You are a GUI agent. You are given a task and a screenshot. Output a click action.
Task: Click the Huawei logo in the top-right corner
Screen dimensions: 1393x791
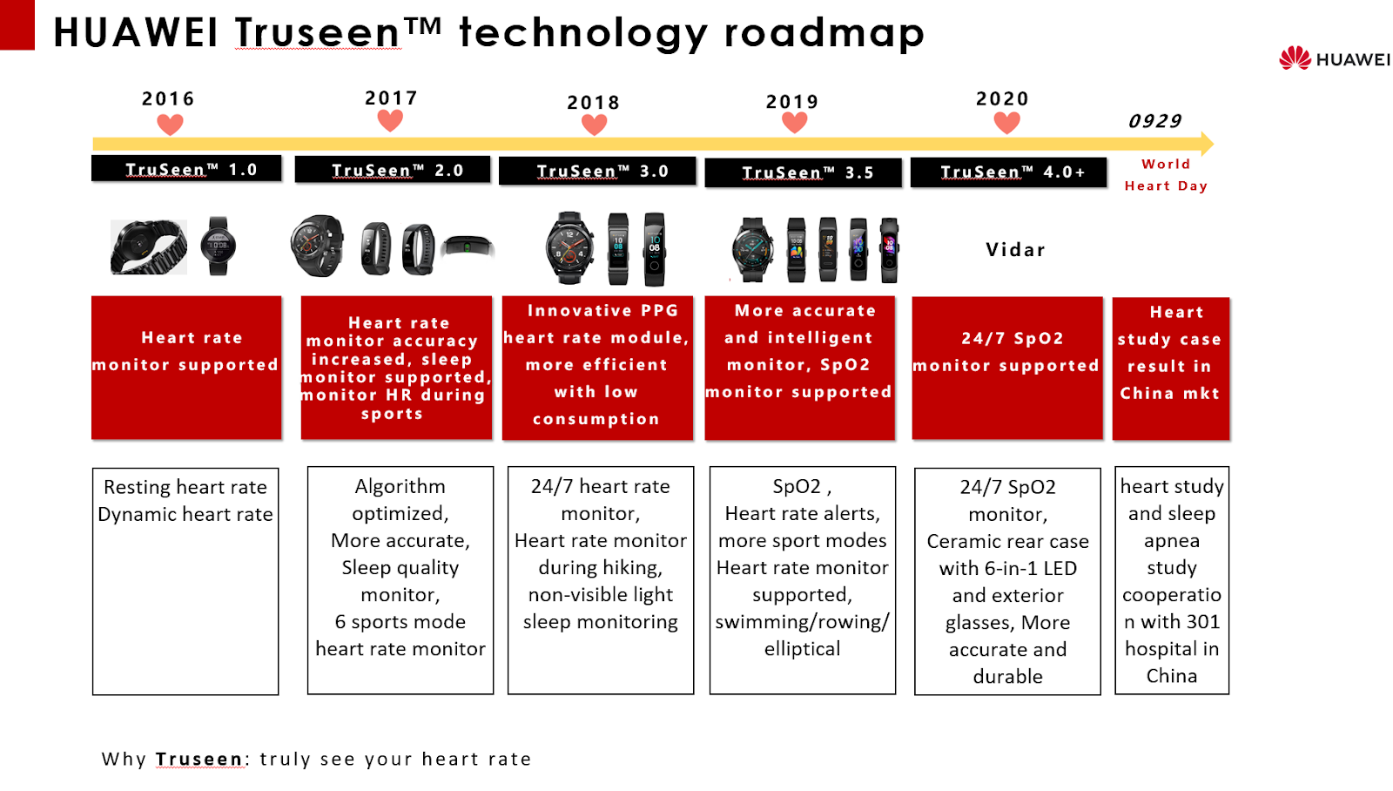[x=1333, y=58]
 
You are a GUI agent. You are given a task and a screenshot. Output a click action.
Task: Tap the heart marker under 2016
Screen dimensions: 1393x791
[x=170, y=125]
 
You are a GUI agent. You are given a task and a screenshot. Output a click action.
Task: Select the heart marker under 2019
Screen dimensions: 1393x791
[x=794, y=123]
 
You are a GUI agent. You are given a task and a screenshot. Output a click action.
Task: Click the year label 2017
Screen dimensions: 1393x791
[x=391, y=98]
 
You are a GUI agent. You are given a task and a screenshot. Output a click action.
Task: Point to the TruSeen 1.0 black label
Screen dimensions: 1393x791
[x=186, y=169]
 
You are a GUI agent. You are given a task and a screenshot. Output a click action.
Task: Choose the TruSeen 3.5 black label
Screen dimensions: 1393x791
[x=803, y=172]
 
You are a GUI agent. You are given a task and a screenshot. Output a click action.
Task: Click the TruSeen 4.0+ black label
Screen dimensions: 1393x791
[x=1008, y=172]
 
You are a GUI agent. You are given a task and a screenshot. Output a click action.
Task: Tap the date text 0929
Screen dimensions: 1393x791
[x=1154, y=121]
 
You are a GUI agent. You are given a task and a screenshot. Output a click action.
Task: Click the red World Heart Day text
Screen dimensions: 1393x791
[x=1166, y=175]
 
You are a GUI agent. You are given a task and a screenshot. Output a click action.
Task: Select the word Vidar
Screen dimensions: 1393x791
[x=1015, y=250]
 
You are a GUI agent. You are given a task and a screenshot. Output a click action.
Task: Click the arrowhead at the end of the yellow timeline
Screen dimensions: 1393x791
[x=1207, y=144]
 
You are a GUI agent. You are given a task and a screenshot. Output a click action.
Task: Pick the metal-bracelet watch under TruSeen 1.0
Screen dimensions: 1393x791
[x=148, y=247]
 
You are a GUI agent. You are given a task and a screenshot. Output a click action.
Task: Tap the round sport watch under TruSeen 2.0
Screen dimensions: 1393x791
[x=317, y=246]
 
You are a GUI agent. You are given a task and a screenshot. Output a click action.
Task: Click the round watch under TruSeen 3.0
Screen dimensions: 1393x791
[x=569, y=247]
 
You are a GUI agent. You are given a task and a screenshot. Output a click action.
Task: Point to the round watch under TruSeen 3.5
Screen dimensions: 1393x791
[x=752, y=249]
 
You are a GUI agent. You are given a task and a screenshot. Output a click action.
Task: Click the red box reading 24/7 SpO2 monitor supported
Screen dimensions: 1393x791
[x=1007, y=368]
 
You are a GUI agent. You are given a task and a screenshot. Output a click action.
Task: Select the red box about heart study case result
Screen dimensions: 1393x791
[x=1171, y=368]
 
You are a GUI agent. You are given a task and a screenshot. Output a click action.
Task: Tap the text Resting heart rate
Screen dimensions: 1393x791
[x=185, y=487]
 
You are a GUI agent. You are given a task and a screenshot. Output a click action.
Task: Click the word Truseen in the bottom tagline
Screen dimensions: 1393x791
[x=199, y=759]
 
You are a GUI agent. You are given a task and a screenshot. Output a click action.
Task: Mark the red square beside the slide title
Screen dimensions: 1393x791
[x=17, y=25]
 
